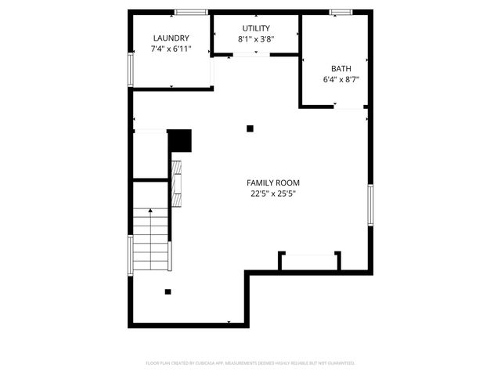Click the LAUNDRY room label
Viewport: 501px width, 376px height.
[x=171, y=38]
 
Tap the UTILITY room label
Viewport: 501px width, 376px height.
[x=256, y=28]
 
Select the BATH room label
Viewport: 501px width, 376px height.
[x=341, y=67]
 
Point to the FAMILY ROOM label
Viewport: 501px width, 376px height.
[x=273, y=183]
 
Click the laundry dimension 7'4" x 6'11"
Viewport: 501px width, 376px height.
[x=171, y=49]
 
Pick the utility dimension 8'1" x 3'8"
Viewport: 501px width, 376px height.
[x=256, y=39]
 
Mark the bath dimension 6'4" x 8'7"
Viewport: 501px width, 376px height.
[x=341, y=79]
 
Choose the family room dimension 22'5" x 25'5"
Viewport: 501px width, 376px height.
[x=273, y=193]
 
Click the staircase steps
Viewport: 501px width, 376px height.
[x=150, y=238]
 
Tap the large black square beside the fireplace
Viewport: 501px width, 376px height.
[x=181, y=141]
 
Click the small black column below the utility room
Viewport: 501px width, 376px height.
[x=250, y=128]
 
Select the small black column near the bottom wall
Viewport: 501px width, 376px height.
[x=168, y=292]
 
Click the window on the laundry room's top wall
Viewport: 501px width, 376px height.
[x=191, y=12]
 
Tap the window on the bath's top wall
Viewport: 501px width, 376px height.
[x=341, y=12]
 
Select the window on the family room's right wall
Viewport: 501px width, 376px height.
[x=371, y=205]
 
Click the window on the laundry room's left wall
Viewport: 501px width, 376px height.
[x=131, y=68]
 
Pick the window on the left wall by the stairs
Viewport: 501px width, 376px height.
[x=131, y=254]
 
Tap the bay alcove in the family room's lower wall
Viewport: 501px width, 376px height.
[x=310, y=262]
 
